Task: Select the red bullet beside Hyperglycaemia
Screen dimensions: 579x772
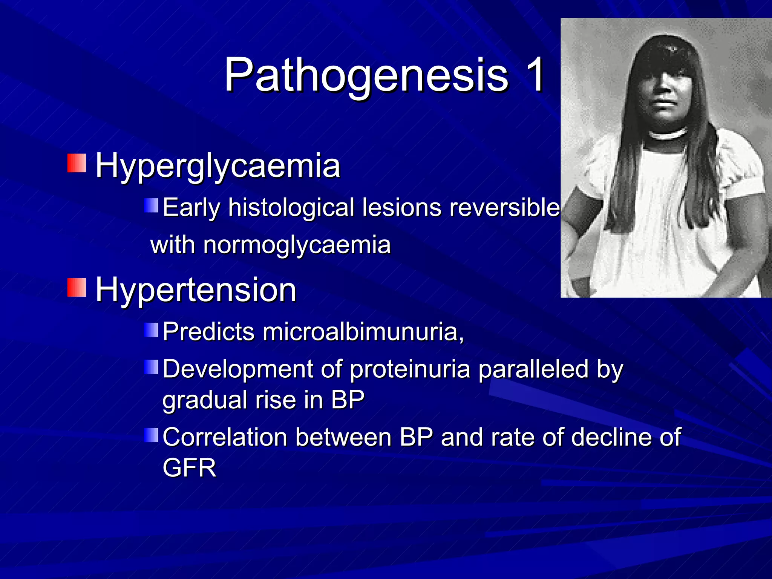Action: click(x=77, y=163)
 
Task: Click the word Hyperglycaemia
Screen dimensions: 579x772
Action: click(x=218, y=166)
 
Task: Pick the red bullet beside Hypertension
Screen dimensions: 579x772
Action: click(x=77, y=287)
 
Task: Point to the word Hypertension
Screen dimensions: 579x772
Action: click(x=196, y=290)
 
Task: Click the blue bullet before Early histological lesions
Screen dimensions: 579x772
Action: click(x=152, y=206)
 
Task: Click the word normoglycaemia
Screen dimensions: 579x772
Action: click(x=297, y=245)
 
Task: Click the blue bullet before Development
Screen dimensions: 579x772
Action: click(x=152, y=367)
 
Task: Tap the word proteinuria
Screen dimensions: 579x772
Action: click(x=410, y=369)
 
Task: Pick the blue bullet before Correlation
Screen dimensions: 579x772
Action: click(x=152, y=435)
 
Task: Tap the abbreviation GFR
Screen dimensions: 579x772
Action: click(x=189, y=468)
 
